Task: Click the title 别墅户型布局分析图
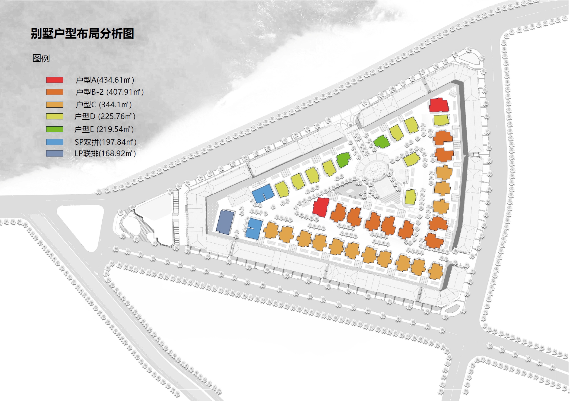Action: point(82,34)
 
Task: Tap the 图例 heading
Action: point(41,58)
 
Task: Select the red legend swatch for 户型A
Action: point(55,80)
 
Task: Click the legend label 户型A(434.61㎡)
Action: point(105,80)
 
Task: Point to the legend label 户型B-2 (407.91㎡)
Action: point(109,92)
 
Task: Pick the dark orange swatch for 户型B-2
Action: point(55,92)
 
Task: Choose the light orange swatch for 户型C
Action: point(55,105)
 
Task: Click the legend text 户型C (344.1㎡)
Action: point(103,105)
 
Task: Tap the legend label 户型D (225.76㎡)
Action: point(105,116)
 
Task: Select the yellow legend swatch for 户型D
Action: point(55,116)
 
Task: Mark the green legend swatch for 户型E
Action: point(55,129)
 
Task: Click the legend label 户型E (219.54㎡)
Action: point(104,129)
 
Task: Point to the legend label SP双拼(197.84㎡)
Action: point(106,142)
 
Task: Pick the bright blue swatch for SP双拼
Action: point(55,142)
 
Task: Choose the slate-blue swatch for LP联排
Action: point(55,153)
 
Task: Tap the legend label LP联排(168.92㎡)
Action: point(105,153)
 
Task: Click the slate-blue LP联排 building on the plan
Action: point(225,222)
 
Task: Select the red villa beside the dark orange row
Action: point(321,207)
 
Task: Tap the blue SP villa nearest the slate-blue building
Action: point(254,229)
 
